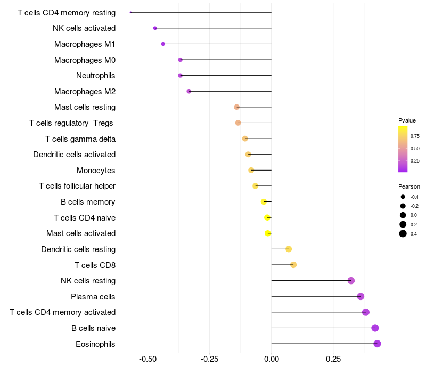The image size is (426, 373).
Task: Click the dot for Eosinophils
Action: click(377, 344)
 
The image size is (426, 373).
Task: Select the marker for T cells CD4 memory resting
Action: click(130, 12)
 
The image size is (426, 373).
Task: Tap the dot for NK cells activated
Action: click(155, 28)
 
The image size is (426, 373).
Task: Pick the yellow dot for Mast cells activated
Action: click(268, 233)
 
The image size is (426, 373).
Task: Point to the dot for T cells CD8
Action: click(293, 265)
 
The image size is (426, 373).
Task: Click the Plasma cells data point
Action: click(361, 296)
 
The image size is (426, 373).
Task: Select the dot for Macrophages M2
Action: click(189, 91)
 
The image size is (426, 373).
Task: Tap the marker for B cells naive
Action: click(375, 328)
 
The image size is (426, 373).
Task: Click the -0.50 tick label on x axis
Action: click(148, 359)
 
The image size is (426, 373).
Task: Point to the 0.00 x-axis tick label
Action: click(272, 359)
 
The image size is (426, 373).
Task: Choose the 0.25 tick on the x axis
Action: click(333, 359)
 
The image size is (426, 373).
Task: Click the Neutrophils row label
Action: click(96, 76)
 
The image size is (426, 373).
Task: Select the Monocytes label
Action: click(96, 171)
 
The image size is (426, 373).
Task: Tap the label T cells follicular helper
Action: click(77, 186)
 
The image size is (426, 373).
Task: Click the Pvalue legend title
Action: click(407, 120)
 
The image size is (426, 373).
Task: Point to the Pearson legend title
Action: click(409, 186)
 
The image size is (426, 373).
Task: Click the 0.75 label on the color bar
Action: click(415, 136)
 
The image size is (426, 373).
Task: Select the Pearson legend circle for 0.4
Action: click(403, 233)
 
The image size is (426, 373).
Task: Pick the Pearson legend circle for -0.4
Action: click(403, 197)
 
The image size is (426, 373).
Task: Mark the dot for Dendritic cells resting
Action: click(289, 249)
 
